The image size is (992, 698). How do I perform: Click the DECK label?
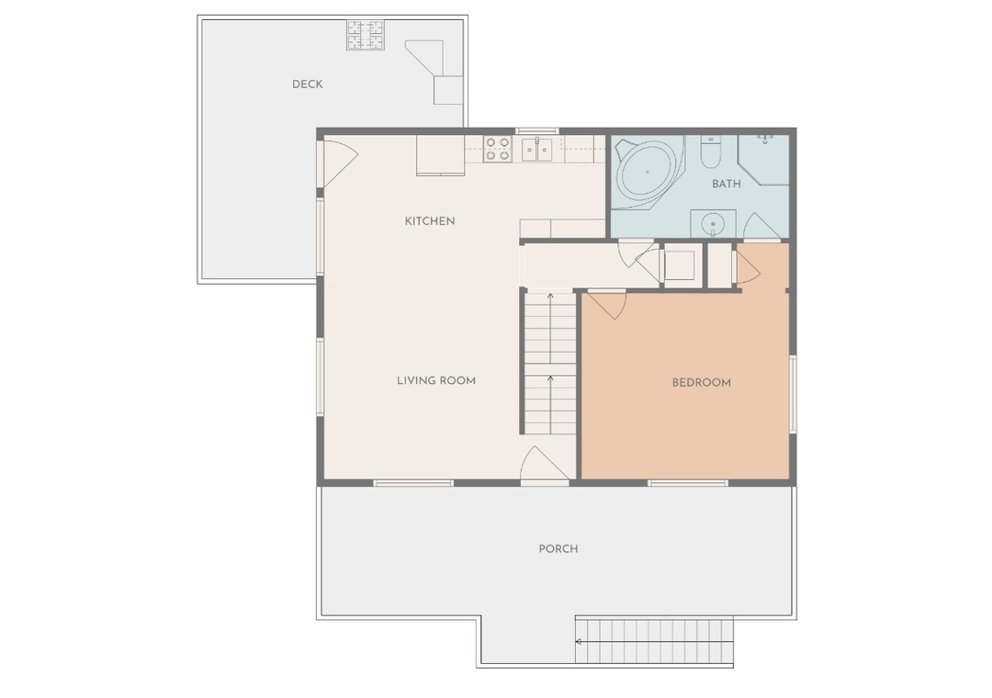click(x=308, y=84)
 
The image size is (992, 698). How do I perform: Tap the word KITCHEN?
click(x=430, y=220)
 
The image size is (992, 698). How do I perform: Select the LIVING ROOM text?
click(x=436, y=380)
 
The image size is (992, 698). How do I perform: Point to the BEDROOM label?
click(x=701, y=382)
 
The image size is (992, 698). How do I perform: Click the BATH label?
click(x=726, y=184)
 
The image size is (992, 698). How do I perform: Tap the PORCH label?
click(x=558, y=548)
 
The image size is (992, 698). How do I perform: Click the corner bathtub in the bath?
click(x=649, y=172)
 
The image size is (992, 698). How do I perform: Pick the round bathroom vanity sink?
click(x=713, y=223)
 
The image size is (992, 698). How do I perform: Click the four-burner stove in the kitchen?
click(x=497, y=150)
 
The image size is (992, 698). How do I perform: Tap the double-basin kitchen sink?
click(x=536, y=150)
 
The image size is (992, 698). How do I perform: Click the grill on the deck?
click(x=366, y=36)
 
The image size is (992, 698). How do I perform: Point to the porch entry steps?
click(x=654, y=642)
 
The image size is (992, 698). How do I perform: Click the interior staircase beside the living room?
click(x=550, y=362)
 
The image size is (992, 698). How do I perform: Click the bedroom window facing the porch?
click(x=687, y=483)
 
